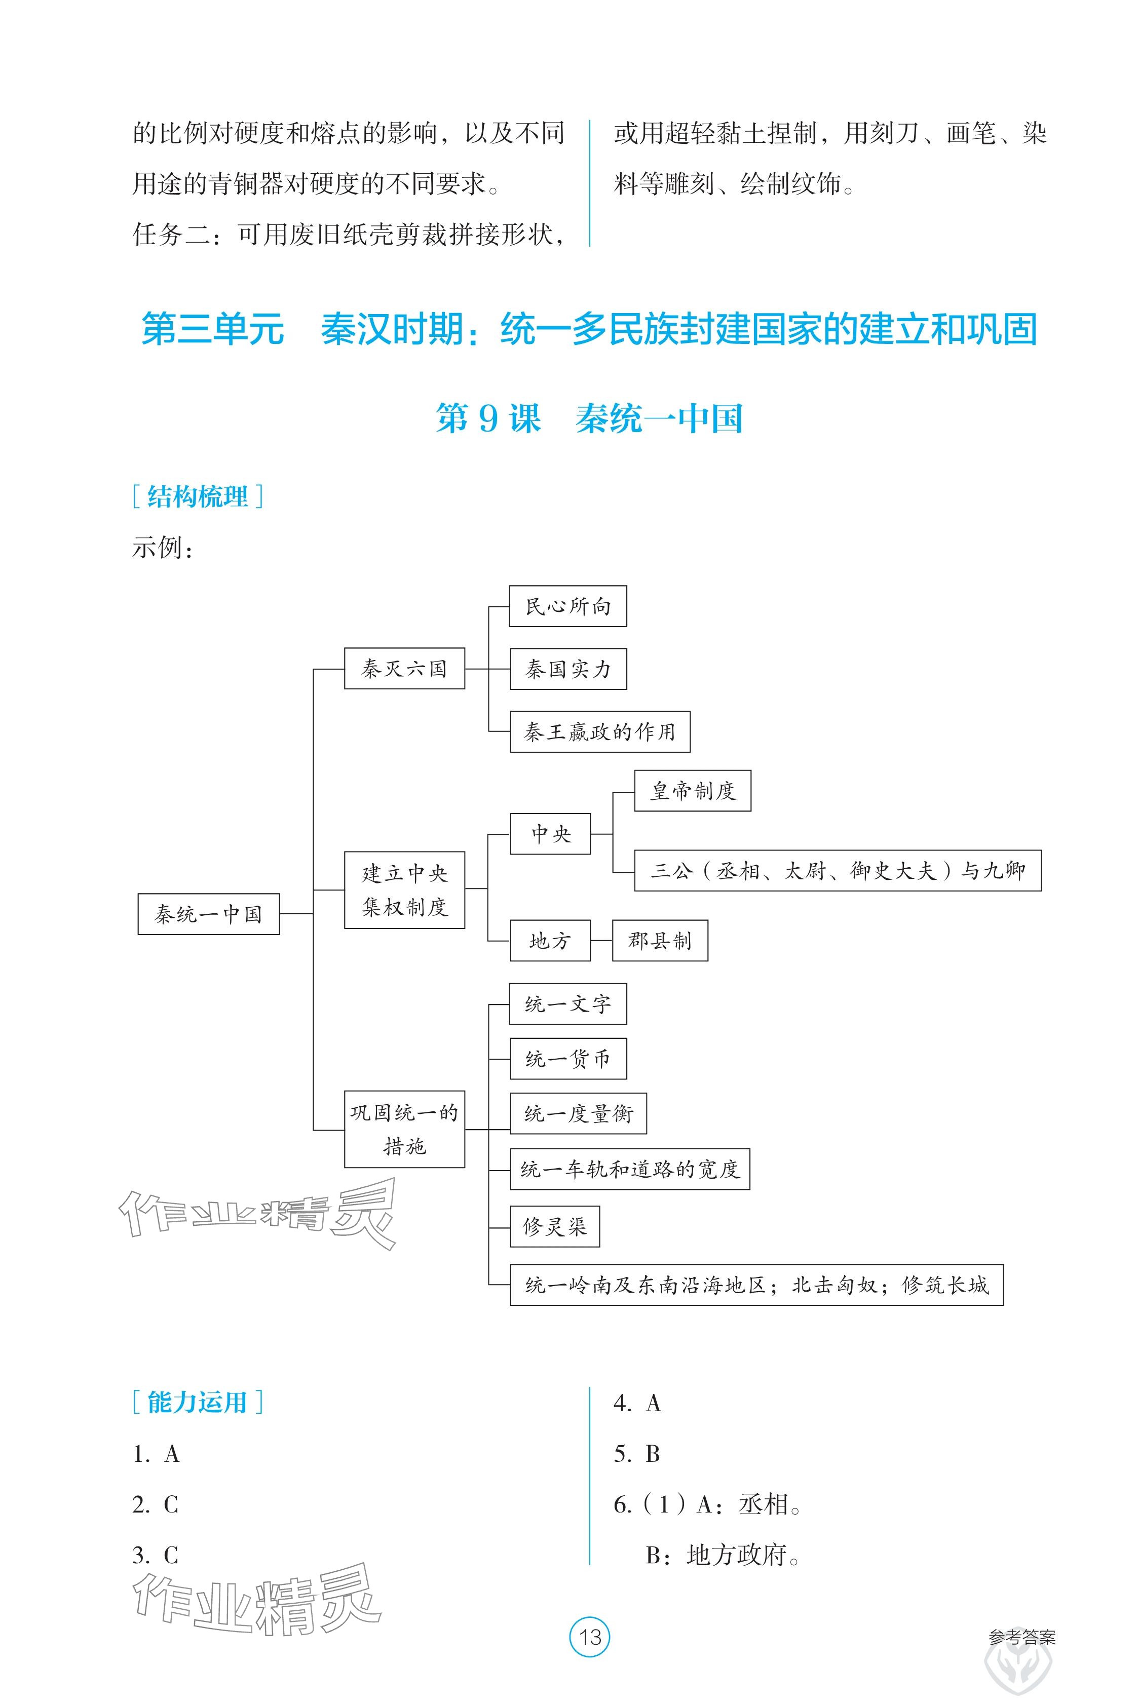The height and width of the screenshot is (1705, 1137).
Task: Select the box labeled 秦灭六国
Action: (404, 668)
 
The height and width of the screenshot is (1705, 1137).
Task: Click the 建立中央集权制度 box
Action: (404, 889)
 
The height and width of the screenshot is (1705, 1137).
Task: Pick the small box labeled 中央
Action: (550, 834)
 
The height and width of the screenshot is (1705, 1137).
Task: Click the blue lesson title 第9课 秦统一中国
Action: (589, 418)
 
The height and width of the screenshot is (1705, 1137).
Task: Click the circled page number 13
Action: (590, 1636)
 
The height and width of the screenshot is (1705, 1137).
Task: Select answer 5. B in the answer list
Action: (637, 1453)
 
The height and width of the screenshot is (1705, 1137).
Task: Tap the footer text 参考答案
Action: (1021, 1637)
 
